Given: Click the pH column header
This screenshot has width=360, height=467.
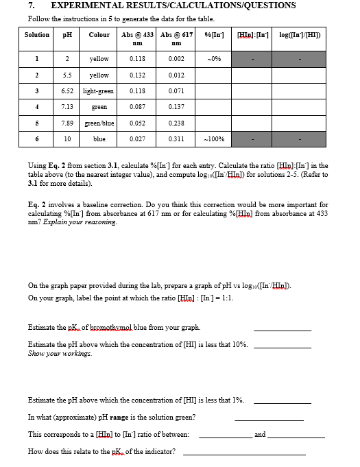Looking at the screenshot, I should (67, 34).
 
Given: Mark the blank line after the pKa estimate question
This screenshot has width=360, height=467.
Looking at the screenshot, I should (282, 328).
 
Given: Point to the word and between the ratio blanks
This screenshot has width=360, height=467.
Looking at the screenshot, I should (260, 434).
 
